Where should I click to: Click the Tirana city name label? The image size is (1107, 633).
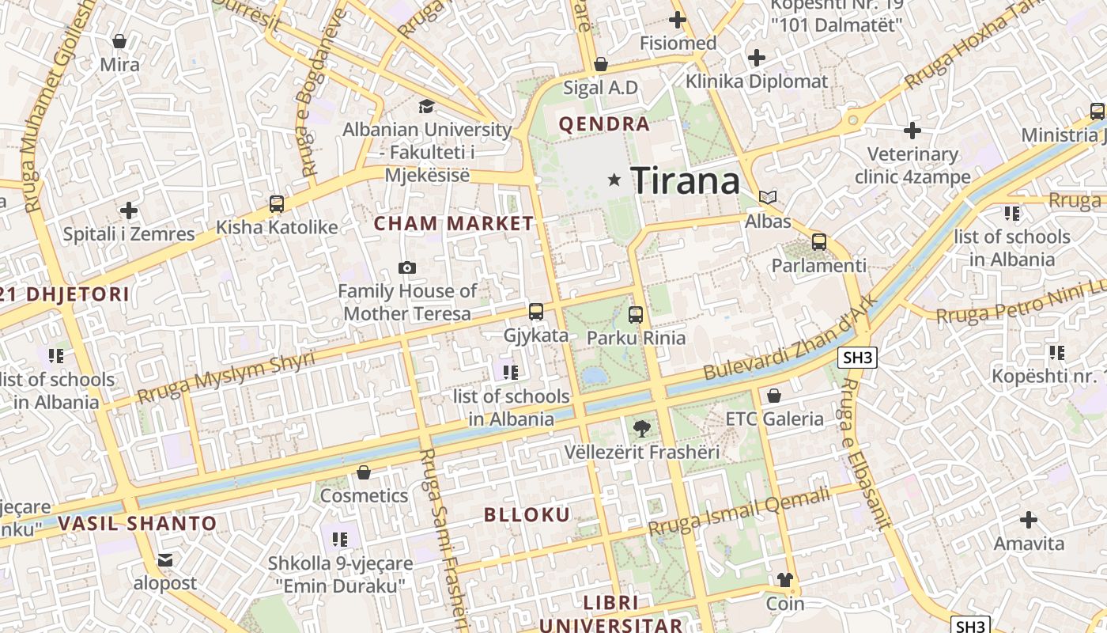click(685, 181)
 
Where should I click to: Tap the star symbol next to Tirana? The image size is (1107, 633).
click(614, 180)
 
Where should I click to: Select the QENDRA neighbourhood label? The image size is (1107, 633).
click(604, 124)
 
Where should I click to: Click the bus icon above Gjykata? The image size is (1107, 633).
click(536, 312)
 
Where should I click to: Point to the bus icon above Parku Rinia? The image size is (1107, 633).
click(636, 315)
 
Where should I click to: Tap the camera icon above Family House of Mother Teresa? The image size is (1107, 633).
click(407, 268)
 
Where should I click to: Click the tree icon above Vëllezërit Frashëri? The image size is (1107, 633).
click(641, 429)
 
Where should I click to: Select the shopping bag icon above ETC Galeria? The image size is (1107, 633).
click(774, 395)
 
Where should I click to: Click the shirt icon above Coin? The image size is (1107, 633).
click(784, 580)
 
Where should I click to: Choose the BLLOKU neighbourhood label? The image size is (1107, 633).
click(527, 515)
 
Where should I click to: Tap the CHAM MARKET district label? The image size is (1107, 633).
click(454, 224)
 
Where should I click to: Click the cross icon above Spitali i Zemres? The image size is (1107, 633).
click(128, 210)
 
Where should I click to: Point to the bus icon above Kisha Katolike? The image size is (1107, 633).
click(277, 204)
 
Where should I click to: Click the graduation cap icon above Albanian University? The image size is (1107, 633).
click(426, 106)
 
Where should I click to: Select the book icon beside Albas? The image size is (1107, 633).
click(767, 197)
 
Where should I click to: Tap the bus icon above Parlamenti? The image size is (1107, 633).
click(819, 242)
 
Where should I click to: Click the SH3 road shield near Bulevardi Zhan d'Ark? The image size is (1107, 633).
click(858, 358)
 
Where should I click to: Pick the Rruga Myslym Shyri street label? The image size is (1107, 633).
click(225, 376)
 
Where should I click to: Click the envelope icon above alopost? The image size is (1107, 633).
click(164, 560)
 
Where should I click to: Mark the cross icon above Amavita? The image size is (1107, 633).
click(1028, 520)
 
